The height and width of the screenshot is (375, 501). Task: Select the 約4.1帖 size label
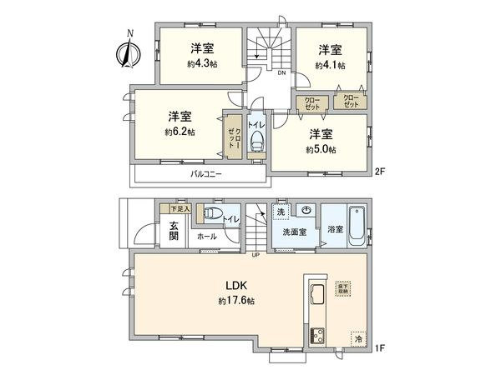[331, 64]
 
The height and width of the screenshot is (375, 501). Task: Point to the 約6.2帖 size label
[180, 132]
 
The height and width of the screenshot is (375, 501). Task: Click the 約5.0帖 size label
[321, 149]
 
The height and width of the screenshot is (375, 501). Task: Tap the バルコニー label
[206, 174]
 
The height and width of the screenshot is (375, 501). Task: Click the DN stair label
[281, 73]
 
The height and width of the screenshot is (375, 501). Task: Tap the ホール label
[206, 237]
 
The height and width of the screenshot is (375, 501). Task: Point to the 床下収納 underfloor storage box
[344, 288]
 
